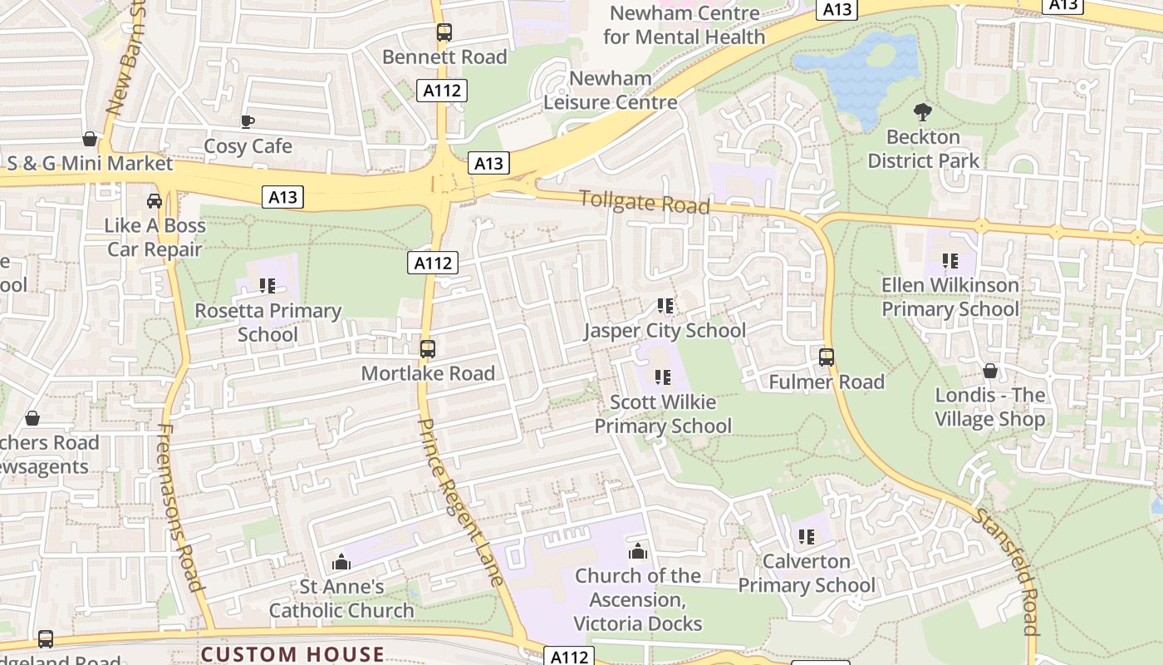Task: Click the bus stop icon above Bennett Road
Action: coord(444,32)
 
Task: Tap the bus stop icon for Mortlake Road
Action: coord(428,349)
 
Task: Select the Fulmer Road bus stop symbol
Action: coord(827,357)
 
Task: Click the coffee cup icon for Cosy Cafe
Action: coord(248,121)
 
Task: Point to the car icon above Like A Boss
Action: coord(155,200)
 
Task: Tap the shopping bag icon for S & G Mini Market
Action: coord(90,138)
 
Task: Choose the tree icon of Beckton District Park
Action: coord(922,112)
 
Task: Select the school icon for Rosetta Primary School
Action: coord(267,286)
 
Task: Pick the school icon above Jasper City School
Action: coord(664,306)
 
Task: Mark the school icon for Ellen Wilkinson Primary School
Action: coord(950,261)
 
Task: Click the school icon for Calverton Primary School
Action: coord(806,537)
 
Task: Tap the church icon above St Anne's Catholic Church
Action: coord(341,563)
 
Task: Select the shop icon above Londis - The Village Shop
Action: coord(989,371)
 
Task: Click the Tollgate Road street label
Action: coord(644,201)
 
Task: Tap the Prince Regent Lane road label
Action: coord(462,501)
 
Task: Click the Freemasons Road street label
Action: coord(180,507)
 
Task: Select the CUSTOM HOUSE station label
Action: coord(292,654)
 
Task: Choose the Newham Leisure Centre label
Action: coord(611,91)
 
